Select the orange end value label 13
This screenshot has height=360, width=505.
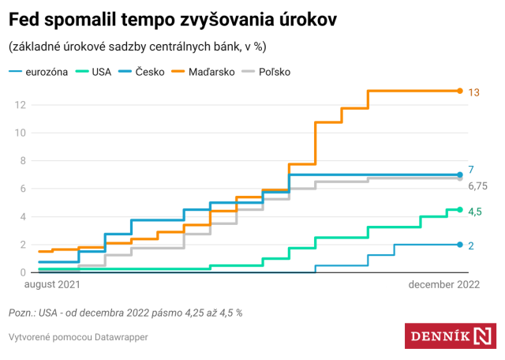click(x=474, y=92)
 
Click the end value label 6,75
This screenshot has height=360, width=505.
click(x=477, y=186)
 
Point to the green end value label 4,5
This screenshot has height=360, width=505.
click(x=476, y=212)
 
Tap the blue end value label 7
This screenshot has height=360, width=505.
click(x=471, y=170)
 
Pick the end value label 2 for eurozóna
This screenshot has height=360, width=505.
click(x=471, y=246)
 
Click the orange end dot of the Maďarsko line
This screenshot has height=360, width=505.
click(x=460, y=91)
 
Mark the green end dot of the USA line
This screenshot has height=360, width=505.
click(x=460, y=209)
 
